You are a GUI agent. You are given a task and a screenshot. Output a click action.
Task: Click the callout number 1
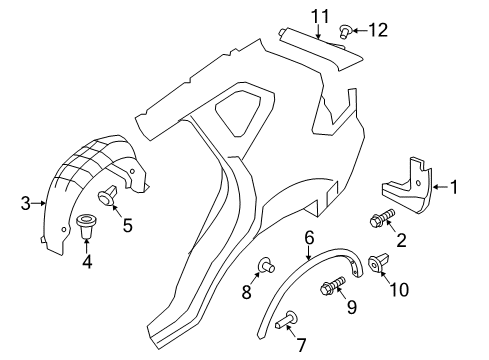click(x=453, y=186)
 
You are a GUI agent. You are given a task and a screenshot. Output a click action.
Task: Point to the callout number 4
click(x=86, y=262)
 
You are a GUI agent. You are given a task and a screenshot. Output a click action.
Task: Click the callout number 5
click(x=127, y=226)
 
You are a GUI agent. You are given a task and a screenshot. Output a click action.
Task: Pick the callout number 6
click(x=310, y=237)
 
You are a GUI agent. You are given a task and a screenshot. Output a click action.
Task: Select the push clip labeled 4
click(x=86, y=227)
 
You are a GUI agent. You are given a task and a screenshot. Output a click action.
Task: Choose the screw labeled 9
click(x=330, y=290)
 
